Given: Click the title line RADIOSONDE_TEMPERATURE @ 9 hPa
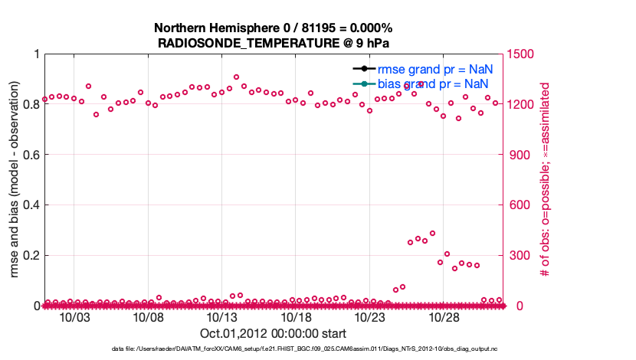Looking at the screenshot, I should coord(273,42).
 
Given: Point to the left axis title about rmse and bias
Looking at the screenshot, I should coord(15,180).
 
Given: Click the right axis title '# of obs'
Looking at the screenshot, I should coord(545,180).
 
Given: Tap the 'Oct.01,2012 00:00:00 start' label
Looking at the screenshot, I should coord(273,333).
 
